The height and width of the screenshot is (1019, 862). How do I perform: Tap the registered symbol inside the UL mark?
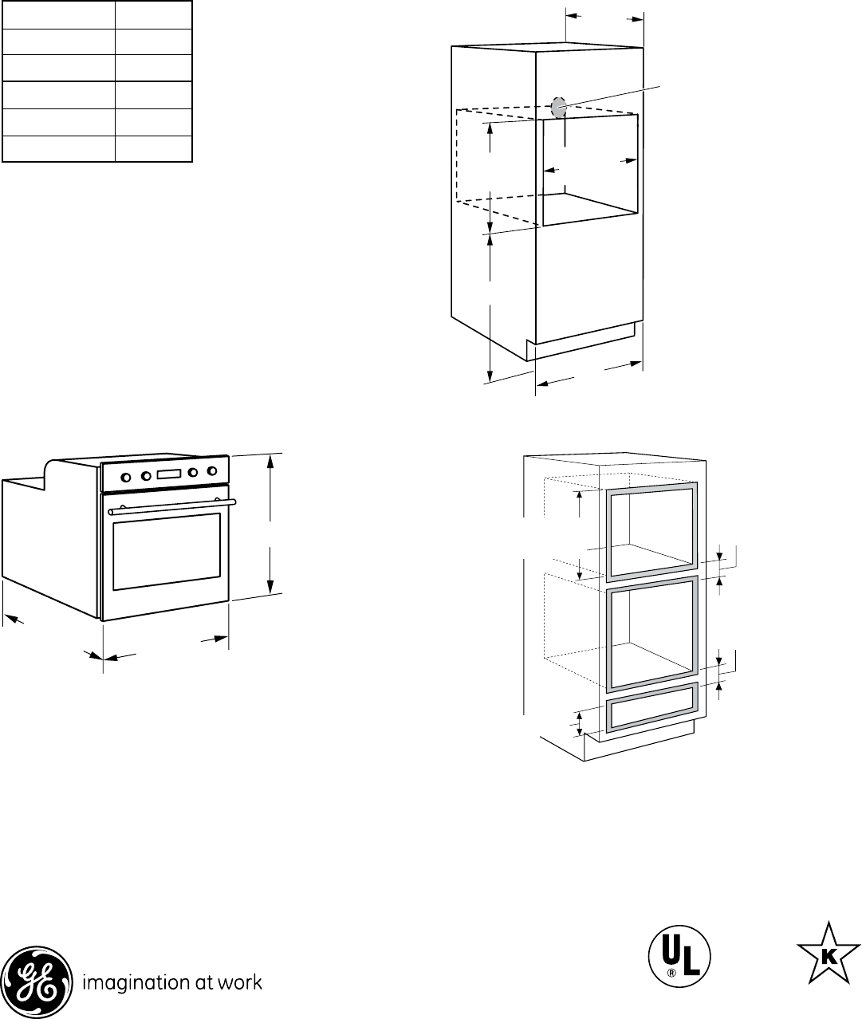click(x=672, y=973)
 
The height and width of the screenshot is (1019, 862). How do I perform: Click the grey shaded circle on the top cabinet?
click(x=558, y=107)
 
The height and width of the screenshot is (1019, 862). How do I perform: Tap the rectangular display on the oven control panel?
click(x=169, y=474)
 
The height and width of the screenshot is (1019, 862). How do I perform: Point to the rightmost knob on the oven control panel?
click(x=211, y=470)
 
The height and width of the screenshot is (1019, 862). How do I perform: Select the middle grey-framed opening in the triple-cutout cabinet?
click(x=652, y=634)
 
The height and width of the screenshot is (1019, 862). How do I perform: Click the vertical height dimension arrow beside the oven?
click(x=273, y=522)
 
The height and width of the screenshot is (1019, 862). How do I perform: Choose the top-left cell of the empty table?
click(x=58, y=14)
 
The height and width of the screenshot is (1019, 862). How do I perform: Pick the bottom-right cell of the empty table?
click(x=154, y=149)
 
